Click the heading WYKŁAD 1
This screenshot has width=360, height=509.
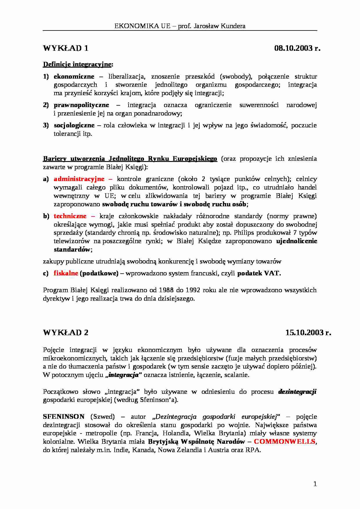(x=66, y=48)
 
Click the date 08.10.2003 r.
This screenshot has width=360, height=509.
(x=297, y=48)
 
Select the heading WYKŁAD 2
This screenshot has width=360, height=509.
(x=66, y=333)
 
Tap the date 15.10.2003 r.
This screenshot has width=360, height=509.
(x=308, y=333)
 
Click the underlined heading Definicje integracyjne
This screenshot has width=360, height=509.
(x=78, y=64)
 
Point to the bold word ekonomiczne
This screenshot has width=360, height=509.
(x=74, y=77)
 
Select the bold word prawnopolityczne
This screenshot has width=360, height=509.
(x=81, y=105)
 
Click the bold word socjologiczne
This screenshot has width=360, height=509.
(x=74, y=125)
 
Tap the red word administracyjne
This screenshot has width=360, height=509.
(x=79, y=179)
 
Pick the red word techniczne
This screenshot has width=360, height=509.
(x=70, y=216)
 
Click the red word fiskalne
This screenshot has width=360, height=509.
(x=66, y=273)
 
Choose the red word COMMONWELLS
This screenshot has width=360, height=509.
(x=285, y=442)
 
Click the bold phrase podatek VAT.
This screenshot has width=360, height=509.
(x=259, y=273)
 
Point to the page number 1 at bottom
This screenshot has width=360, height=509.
(x=315, y=484)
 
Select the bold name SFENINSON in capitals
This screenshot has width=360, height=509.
(x=64, y=417)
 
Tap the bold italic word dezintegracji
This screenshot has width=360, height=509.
(x=297, y=392)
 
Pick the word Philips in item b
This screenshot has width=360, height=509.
(x=244, y=233)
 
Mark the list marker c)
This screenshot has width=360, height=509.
(x=46, y=273)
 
